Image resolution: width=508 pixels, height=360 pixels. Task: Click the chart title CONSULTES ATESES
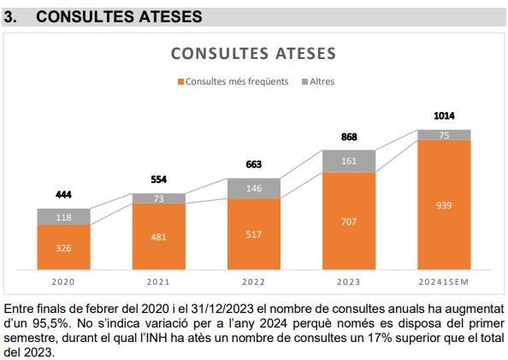[x=253, y=53]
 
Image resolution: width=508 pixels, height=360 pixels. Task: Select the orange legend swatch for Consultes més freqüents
[x=180, y=82]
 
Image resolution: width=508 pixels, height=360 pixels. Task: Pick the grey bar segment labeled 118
[x=63, y=217]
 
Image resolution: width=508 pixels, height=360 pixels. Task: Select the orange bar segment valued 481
[x=158, y=237]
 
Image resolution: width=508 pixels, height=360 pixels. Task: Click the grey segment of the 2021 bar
[x=158, y=198]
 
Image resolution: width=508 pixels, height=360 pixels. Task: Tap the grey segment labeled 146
[x=253, y=188]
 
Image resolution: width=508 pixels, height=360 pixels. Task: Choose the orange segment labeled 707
[x=349, y=221]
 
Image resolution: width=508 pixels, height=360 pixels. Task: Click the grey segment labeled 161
[x=349, y=160]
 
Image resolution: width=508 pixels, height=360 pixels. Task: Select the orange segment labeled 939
[x=444, y=205]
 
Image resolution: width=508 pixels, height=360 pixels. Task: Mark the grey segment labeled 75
[x=444, y=134]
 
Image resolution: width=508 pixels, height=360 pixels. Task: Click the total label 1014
[x=444, y=115]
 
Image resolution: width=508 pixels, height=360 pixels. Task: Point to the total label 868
[x=349, y=137]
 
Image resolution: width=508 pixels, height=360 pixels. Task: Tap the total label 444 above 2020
[x=63, y=195]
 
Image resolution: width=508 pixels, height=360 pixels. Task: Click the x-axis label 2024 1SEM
[x=444, y=281]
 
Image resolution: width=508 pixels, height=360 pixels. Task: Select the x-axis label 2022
[x=253, y=281]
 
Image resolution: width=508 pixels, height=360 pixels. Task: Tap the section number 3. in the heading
[x=11, y=16]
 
